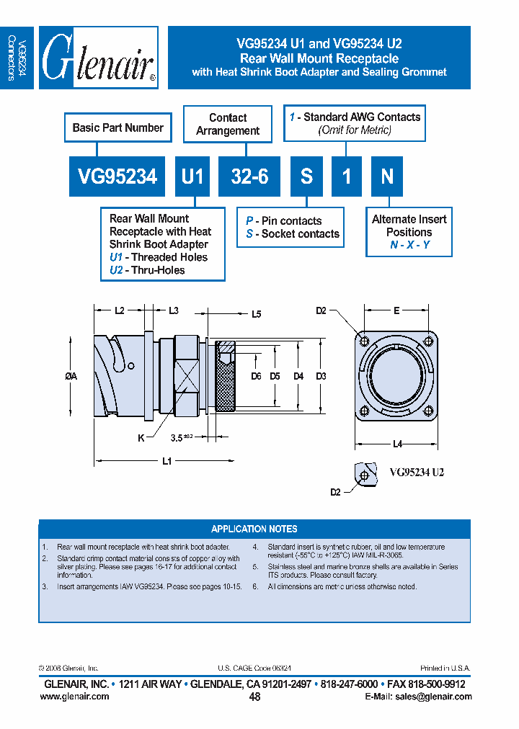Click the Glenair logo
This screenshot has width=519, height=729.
(99, 58)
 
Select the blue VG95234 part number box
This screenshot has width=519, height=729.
(117, 176)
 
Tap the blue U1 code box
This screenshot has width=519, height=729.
(192, 176)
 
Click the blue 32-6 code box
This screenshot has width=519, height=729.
(249, 176)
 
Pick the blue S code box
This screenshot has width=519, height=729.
(306, 176)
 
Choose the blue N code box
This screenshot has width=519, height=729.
(387, 176)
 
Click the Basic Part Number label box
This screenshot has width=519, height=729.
(118, 128)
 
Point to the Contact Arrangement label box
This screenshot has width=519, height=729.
(228, 125)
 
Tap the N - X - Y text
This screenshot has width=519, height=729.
(409, 245)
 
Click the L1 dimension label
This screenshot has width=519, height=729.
(167, 462)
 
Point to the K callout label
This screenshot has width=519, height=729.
(141, 437)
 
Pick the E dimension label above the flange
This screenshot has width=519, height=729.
(396, 310)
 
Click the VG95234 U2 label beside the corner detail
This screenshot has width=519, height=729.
(417, 473)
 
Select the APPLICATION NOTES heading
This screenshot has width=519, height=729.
(254, 529)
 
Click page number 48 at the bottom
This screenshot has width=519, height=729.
(254, 697)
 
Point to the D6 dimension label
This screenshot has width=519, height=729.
(256, 376)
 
